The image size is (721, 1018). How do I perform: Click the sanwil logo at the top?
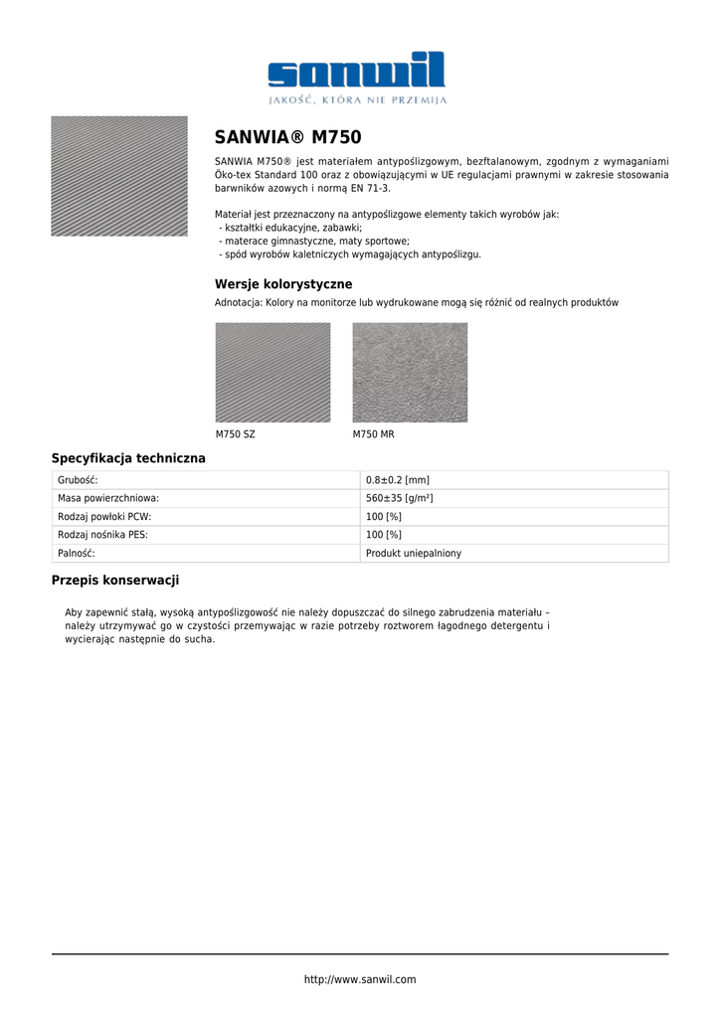(x=357, y=71)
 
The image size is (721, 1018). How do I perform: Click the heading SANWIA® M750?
(x=288, y=137)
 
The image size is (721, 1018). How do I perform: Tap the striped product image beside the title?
(x=119, y=176)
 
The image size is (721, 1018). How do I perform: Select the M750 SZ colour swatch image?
(x=272, y=373)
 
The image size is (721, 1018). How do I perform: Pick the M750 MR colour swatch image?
(x=410, y=373)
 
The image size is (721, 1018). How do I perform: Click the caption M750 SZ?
(x=235, y=434)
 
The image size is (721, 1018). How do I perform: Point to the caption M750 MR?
(x=374, y=434)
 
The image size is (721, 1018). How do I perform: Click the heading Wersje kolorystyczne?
(x=283, y=284)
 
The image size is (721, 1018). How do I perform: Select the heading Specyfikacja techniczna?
(x=128, y=458)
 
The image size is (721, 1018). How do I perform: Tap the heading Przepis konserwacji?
(x=115, y=581)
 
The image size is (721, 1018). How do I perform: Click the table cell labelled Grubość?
(x=78, y=480)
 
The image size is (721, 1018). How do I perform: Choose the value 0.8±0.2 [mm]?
(x=398, y=480)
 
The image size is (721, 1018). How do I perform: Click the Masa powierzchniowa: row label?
(x=108, y=498)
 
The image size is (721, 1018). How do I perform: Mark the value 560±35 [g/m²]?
(x=400, y=498)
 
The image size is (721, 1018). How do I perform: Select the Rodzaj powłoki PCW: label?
(x=104, y=517)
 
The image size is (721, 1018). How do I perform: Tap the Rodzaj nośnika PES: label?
(x=103, y=535)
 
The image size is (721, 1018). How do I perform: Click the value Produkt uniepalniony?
(x=414, y=554)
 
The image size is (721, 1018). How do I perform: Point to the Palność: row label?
(x=77, y=554)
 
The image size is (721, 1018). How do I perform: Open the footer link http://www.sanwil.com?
(x=360, y=980)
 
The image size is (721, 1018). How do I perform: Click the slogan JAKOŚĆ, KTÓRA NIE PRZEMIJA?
(x=358, y=100)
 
